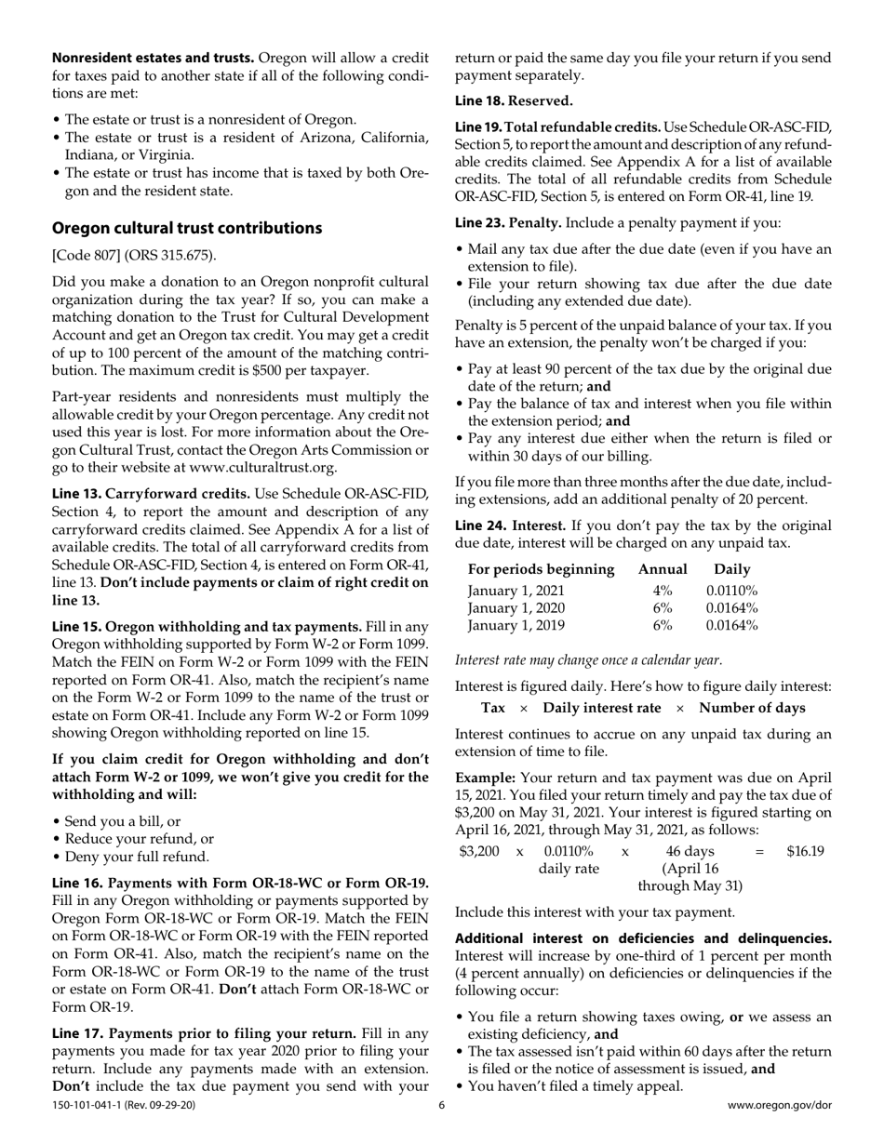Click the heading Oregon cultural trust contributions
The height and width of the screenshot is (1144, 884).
(187, 228)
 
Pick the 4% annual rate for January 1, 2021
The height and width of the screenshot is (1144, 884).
(662, 591)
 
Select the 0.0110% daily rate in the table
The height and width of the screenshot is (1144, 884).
(731, 591)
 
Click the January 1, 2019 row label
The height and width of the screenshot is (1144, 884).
(516, 626)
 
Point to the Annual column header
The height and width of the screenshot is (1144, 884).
(662, 569)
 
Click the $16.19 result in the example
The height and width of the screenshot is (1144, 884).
(805, 851)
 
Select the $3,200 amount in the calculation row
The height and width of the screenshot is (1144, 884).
(480, 851)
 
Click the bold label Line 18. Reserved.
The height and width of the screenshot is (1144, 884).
(514, 100)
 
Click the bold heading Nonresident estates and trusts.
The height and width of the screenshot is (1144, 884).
(152, 58)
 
